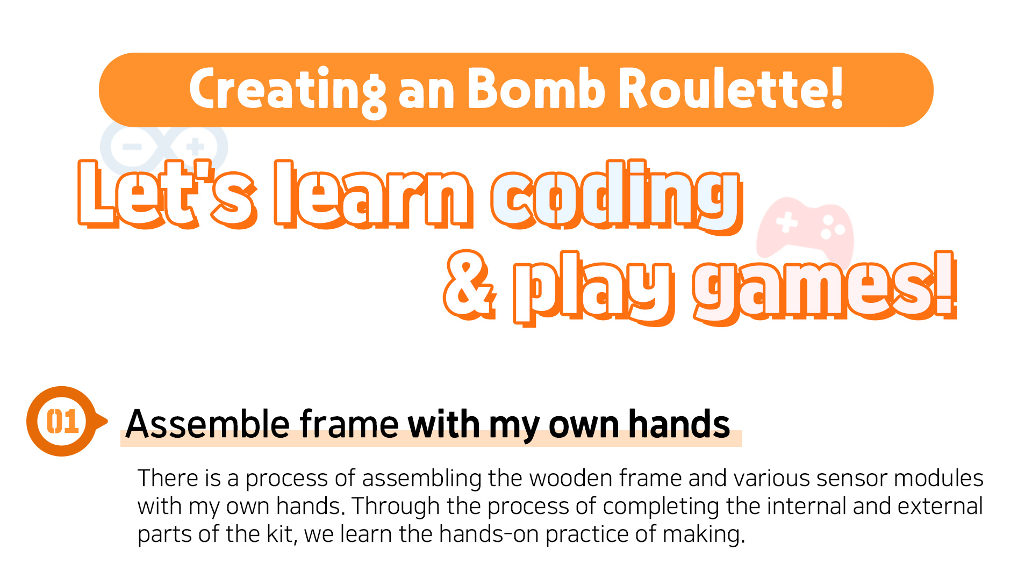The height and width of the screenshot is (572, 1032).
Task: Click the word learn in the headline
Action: pyautogui.click(x=374, y=194)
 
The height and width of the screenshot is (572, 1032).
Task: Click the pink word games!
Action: pyautogui.click(x=825, y=288)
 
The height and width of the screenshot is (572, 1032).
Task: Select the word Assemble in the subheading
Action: pyautogui.click(x=208, y=424)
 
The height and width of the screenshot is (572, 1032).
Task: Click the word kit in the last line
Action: pyautogui.click(x=281, y=534)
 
